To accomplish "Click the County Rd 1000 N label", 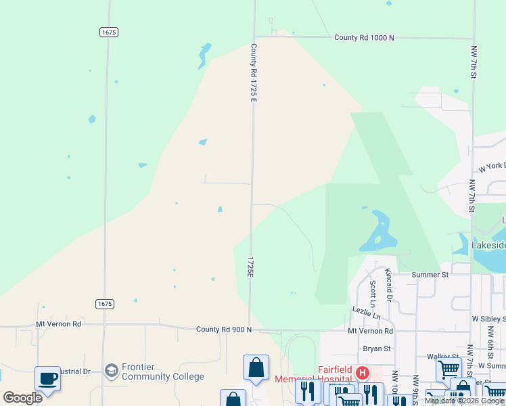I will (364, 38).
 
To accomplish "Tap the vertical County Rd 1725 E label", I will (254, 72).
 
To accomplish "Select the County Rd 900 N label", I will (224, 330).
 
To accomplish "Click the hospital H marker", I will (363, 373).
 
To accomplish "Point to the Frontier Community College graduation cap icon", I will (111, 370).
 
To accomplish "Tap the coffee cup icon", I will (47, 378).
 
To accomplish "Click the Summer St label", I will (430, 275).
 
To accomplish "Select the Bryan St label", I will (377, 348).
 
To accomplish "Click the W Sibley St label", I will (490, 318).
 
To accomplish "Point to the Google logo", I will (22, 398).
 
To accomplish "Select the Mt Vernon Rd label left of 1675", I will (58, 324).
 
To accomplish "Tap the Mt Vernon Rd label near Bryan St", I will (370, 331).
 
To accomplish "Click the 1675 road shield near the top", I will (108, 32).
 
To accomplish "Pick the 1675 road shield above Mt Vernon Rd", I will (104, 304).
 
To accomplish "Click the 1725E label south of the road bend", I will (250, 267).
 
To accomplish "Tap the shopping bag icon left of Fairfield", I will (256, 367).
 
